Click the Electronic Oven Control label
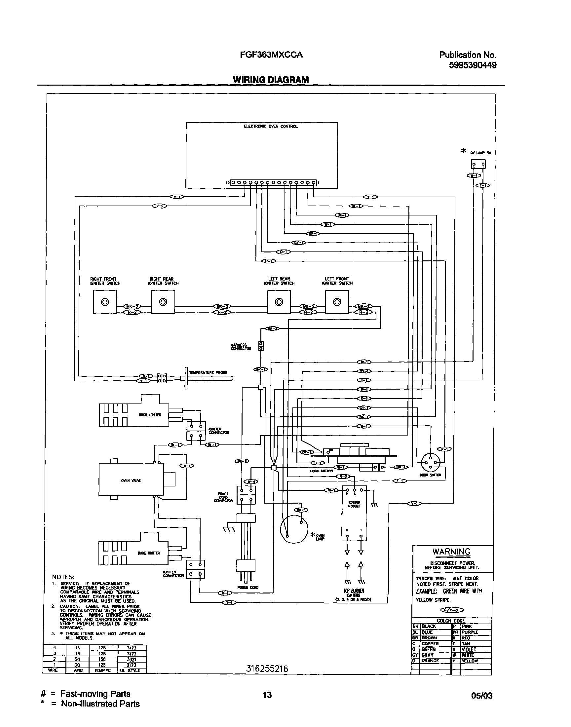(270, 126)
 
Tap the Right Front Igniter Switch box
(105, 302)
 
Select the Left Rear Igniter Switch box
(279, 302)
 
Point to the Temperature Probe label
(208, 372)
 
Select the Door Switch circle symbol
(431, 463)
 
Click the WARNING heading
(451, 552)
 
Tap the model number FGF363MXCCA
(271, 55)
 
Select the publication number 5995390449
(473, 65)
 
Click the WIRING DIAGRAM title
(271, 80)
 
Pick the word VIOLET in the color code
(469, 649)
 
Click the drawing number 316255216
(267, 669)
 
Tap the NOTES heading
(63, 577)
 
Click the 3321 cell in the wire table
(132, 659)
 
